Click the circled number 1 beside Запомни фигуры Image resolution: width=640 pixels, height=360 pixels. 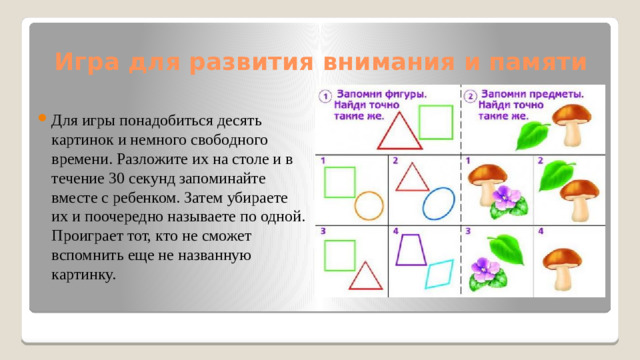click(x=325, y=96)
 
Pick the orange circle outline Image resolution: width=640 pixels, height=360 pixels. click(x=369, y=206)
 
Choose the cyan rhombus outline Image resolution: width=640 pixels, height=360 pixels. click(x=439, y=273)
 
